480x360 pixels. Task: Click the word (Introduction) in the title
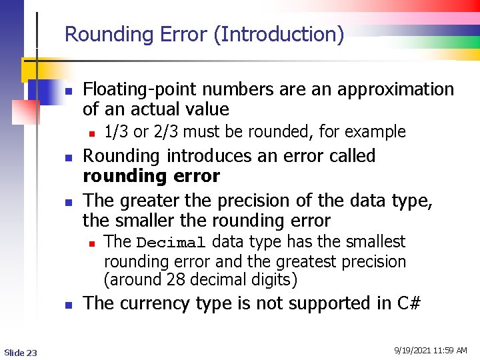click(x=279, y=35)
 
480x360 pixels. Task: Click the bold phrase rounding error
click(x=151, y=177)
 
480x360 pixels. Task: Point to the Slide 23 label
click(x=21, y=352)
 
